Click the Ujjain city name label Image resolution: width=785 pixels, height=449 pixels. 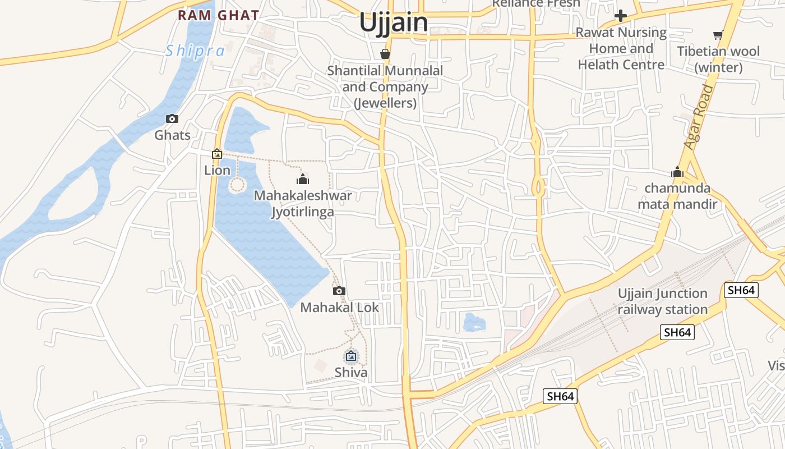tap(393, 23)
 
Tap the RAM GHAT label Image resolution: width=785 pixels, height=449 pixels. tap(218, 15)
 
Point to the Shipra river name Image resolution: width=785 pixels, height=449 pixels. tap(195, 51)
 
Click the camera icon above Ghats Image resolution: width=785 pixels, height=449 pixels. tap(172, 119)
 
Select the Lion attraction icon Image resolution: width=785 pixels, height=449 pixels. tap(217, 154)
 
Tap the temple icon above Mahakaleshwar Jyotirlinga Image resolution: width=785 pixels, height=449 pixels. tap(303, 180)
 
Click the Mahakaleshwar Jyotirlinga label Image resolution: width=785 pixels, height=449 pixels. tap(303, 203)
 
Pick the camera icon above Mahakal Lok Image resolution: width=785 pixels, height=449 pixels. tap(339, 291)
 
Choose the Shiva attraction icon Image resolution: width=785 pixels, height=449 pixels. tap(351, 356)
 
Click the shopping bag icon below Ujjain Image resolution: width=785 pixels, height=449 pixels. tap(385, 54)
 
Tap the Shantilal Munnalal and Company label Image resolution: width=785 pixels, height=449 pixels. tap(385, 87)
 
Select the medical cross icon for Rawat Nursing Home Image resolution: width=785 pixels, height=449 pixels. tap(621, 16)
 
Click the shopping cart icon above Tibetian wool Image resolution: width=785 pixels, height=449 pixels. tap(718, 35)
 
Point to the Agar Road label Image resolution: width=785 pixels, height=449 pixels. tap(699, 117)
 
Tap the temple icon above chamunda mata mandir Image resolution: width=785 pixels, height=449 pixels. tap(677, 172)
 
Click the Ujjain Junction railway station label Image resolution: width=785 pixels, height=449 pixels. tap(663, 301)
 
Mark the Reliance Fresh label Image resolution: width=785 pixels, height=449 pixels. tap(535, 4)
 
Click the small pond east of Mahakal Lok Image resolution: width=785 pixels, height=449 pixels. tap(474, 322)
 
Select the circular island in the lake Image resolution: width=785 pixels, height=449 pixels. tap(237, 185)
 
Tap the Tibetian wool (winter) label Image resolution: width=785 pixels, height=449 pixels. tap(718, 59)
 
